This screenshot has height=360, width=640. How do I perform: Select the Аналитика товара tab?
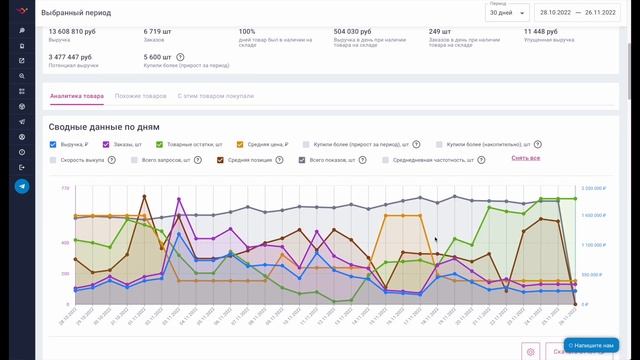76,96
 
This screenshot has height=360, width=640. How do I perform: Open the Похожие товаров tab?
140,96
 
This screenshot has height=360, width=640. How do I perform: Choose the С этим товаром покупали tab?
216,96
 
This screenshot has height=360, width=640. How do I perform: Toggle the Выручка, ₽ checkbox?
53,144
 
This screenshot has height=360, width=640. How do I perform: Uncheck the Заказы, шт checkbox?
106,144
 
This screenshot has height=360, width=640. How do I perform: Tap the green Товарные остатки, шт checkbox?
159,144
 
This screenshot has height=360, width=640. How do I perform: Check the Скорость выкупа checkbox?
53,159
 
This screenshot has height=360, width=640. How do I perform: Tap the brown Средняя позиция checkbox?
221,159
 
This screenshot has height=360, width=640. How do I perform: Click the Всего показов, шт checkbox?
302,159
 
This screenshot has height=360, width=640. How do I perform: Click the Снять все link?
526,158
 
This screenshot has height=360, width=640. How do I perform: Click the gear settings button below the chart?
530,350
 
